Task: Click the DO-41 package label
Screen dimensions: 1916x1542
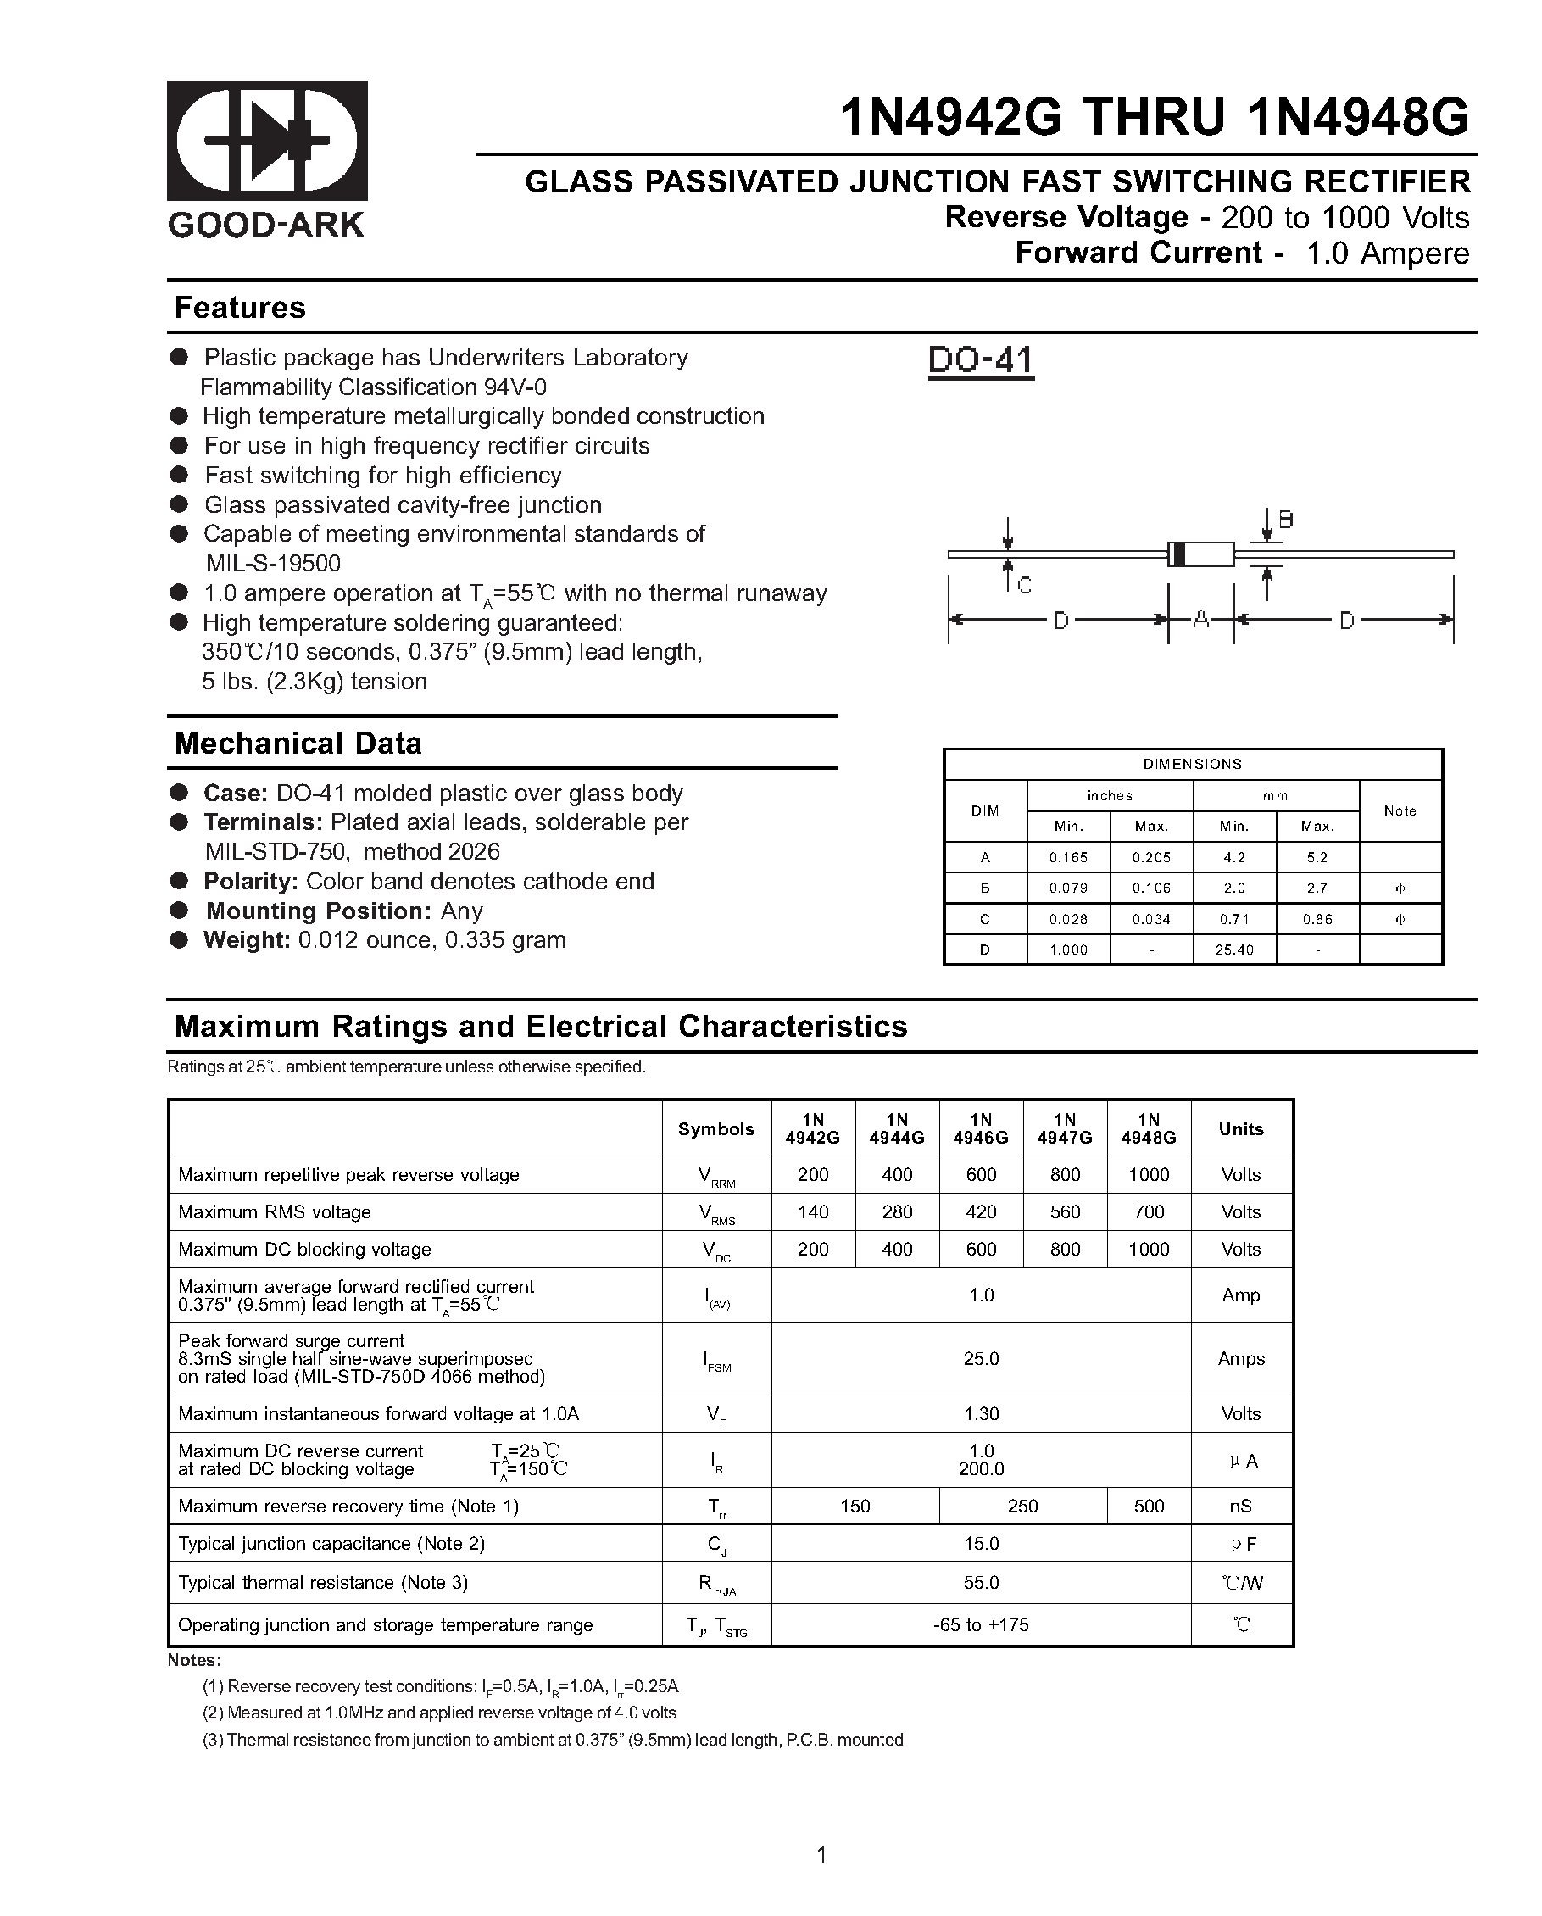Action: click(x=980, y=360)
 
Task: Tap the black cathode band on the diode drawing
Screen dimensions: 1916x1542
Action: click(x=1178, y=554)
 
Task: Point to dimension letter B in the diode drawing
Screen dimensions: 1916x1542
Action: click(x=1285, y=520)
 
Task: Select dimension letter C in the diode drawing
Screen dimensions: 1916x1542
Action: click(x=1024, y=586)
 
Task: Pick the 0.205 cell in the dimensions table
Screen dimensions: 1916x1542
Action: click(x=1151, y=858)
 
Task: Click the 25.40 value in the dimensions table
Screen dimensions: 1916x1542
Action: click(x=1233, y=950)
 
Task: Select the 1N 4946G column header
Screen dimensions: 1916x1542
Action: click(x=980, y=1128)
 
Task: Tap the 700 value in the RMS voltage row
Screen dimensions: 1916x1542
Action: click(x=1149, y=1212)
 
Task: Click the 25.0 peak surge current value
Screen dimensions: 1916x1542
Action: click(x=980, y=1359)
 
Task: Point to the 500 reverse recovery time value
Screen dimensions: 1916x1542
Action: click(x=1149, y=1507)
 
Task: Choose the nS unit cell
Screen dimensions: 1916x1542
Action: click(x=1241, y=1507)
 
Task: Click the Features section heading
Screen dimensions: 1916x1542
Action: click(x=240, y=308)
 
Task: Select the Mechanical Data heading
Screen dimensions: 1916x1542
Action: click(x=298, y=743)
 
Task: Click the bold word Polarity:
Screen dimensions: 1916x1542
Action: click(x=250, y=882)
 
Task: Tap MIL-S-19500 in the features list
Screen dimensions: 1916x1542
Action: click(x=273, y=564)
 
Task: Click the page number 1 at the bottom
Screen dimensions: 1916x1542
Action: click(x=821, y=1855)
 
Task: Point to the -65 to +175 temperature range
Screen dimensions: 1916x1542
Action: click(x=980, y=1625)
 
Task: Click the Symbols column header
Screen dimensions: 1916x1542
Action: click(x=715, y=1128)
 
